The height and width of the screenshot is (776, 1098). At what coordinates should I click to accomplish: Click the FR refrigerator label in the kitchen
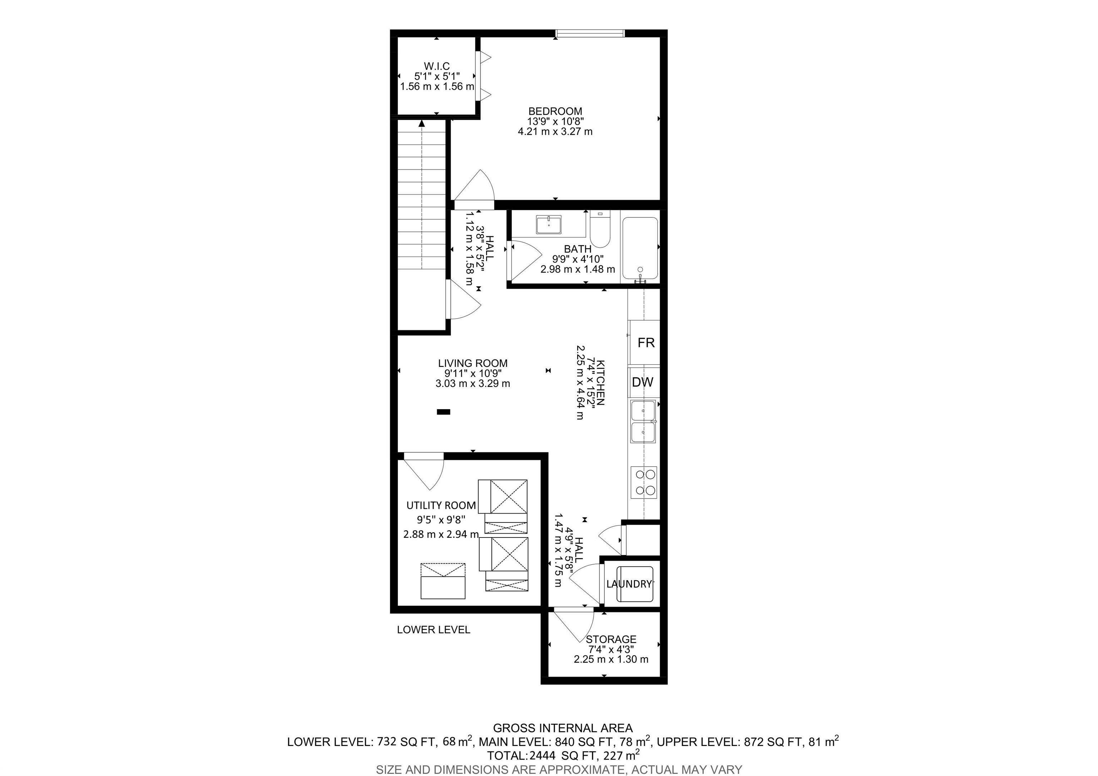(x=646, y=343)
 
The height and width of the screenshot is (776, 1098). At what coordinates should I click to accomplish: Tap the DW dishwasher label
(x=643, y=382)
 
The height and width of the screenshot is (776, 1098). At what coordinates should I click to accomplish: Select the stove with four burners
(x=644, y=482)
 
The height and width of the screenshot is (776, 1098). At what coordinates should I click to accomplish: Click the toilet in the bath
(x=600, y=230)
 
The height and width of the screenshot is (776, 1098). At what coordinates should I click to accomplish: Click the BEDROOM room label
(x=555, y=112)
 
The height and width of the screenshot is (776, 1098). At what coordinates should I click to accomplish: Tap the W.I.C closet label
(x=437, y=66)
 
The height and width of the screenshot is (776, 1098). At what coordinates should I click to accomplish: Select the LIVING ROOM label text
(x=473, y=364)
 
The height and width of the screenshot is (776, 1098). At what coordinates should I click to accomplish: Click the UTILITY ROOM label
(x=441, y=506)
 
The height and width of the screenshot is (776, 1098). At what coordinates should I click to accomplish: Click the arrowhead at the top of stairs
(x=421, y=123)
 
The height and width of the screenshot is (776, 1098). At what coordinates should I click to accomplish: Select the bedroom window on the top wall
(x=590, y=33)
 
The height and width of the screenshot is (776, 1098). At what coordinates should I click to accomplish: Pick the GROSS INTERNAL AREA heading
(x=563, y=728)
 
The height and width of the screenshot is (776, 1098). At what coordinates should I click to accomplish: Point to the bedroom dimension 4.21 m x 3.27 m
(x=555, y=132)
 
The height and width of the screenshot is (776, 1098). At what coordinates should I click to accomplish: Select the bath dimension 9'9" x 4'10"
(x=578, y=259)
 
